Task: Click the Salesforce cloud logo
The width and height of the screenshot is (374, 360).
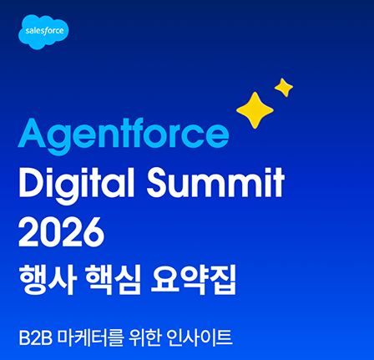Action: coord(43,32)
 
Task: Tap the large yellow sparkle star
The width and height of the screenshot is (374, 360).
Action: coord(255,110)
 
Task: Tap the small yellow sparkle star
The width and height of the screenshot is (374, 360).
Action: coord(284,88)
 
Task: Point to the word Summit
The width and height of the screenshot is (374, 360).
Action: coord(215,182)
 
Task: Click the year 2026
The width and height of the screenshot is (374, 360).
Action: coord(62,232)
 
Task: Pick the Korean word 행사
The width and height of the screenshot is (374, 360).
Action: coord(48,279)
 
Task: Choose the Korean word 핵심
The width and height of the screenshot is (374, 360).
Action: coord(114,279)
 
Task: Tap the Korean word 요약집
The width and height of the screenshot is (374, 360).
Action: coord(193,279)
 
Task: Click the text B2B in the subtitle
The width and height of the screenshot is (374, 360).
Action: coord(36,337)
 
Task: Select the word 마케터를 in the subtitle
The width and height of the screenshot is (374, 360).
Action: coord(90,337)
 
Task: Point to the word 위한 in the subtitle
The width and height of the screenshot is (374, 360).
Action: coord(145,337)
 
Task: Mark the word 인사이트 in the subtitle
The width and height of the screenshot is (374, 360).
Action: coord(200,337)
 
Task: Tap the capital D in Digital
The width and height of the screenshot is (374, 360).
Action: coord(33,182)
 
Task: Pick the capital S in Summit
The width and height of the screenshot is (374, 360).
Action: coord(159,182)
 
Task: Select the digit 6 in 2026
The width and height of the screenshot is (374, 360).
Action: coord(94,232)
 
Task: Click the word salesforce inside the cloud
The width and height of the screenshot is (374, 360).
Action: coord(44,31)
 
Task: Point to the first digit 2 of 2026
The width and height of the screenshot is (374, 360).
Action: coord(29,232)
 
